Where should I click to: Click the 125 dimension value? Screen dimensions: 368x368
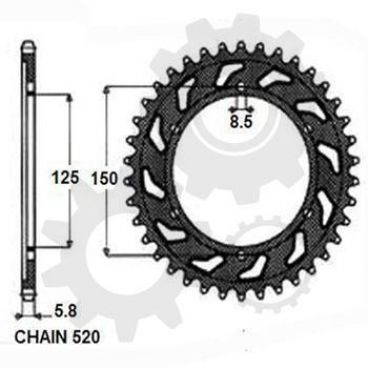point(65,177)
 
